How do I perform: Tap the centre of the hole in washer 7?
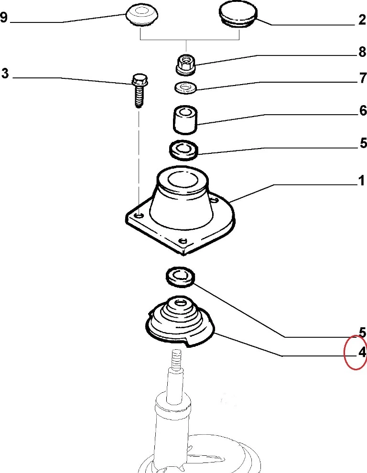coord(185,87)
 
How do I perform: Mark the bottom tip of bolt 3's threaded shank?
coord(139,107)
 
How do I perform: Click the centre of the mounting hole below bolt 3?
coord(139,215)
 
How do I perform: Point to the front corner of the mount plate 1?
coord(183,254)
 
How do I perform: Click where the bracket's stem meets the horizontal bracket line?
coord(186,40)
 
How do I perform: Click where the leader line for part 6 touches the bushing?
coord(196,124)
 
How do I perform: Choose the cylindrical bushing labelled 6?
coord(185,120)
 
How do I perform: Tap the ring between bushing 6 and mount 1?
coord(184,150)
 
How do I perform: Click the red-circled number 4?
coord(362,352)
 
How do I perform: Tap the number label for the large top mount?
coord(362,181)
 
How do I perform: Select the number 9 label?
coord(3,18)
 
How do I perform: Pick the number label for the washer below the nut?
coord(363,78)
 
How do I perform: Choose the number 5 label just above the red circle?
coord(363,333)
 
